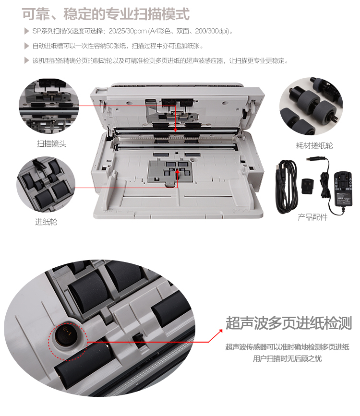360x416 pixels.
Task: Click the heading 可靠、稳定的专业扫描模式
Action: point(106,14)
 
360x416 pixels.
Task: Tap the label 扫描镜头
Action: point(51,144)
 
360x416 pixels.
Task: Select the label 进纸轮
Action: point(46,222)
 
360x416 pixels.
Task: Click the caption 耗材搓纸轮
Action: point(314,145)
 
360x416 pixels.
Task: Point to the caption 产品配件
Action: point(312,217)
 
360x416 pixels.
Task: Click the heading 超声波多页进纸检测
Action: point(289,323)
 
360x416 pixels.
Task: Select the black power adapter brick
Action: point(343,189)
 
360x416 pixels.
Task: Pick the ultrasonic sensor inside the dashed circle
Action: point(66,333)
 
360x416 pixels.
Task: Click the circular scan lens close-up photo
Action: point(49,106)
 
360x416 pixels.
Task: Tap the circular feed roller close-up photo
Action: point(46,184)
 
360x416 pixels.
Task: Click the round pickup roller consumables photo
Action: point(311,106)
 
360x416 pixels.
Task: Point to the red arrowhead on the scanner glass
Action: point(175,130)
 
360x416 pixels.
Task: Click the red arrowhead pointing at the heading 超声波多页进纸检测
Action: point(220,331)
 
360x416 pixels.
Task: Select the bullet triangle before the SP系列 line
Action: point(26,31)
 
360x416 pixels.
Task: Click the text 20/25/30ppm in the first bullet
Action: point(127,31)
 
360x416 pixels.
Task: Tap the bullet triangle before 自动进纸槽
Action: point(26,46)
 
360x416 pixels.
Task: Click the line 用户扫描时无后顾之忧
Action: point(287,359)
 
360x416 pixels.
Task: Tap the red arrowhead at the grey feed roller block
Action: point(177,172)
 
